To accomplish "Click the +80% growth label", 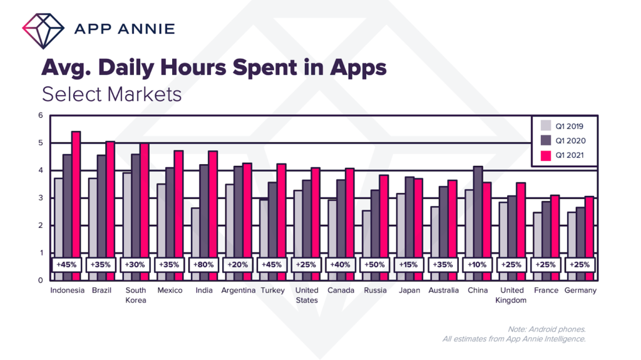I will point(203,264).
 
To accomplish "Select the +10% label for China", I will point(477,264).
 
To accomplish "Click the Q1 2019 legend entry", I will point(562,126).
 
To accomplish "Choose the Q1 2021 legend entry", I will point(562,155).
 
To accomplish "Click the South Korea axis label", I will point(135,295).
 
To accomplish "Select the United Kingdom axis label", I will point(512,295).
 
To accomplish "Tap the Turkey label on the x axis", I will point(272,291).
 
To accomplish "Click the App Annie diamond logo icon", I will point(43,28).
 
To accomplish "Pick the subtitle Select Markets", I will point(111,94).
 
